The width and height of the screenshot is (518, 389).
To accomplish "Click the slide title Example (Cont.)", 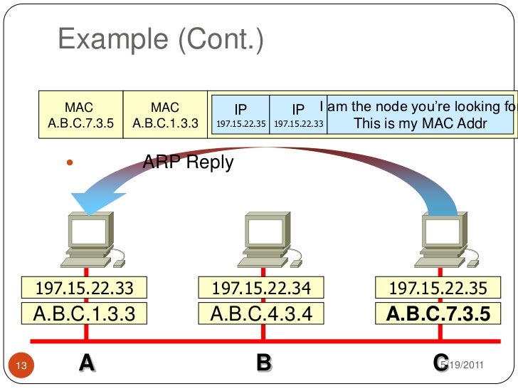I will tap(160, 40).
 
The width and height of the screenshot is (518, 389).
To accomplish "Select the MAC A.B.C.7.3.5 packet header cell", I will tap(80, 115).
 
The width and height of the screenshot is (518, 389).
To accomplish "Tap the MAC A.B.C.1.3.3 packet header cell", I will tap(165, 115).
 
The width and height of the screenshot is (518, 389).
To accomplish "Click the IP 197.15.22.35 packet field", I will tap(240, 115).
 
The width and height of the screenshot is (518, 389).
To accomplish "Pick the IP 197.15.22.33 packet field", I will tap(298, 115).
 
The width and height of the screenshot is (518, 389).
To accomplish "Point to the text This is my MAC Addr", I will tap(420, 123).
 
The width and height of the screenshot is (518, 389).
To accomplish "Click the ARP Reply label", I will tap(188, 162).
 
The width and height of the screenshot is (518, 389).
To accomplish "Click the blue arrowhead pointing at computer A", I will tap(89, 203).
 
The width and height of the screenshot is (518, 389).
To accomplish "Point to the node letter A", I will tap(86, 363).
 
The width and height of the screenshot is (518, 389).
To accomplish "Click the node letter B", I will tap(263, 363).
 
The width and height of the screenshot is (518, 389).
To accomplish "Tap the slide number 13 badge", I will tap(21, 366).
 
